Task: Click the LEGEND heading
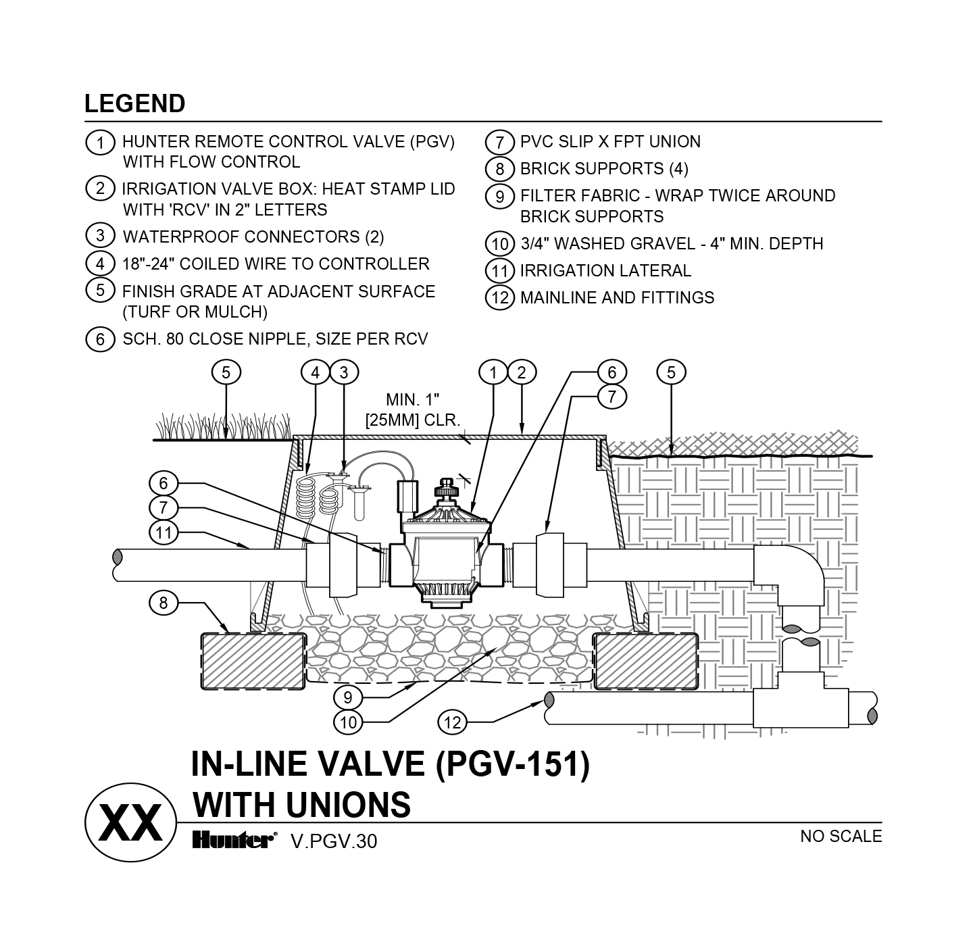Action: coord(134,104)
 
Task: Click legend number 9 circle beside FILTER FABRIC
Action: coord(499,196)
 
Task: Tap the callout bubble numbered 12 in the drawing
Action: coord(453,722)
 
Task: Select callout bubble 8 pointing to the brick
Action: coord(164,603)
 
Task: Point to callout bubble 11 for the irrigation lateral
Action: coord(164,532)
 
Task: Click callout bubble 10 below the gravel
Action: coord(348,722)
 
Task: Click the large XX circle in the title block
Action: coord(130,822)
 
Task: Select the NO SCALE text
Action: coord(841,836)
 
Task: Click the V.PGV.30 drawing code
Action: coord(334,841)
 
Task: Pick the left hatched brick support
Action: coord(253,661)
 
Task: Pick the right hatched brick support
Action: coord(645,661)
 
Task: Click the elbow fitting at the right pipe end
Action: coord(789,575)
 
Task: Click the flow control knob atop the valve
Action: coord(446,489)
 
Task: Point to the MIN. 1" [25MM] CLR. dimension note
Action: coord(412,409)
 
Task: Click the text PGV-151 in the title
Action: coord(512,764)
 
